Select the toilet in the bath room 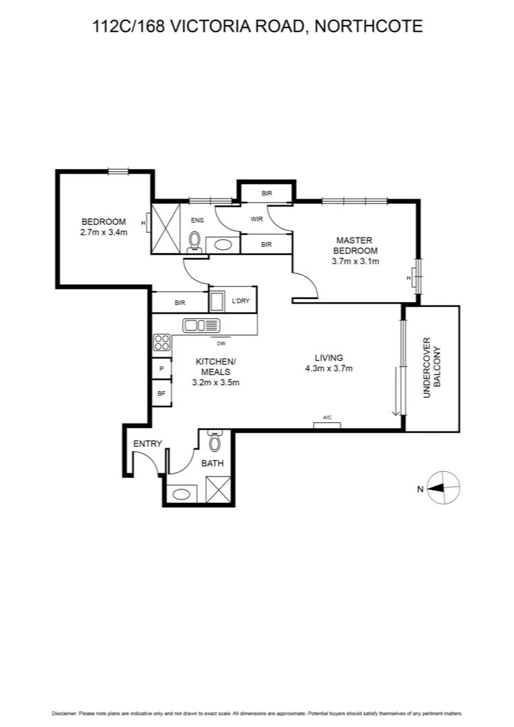pyautogui.click(x=215, y=442)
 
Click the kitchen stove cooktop pyautogui.click(x=161, y=343)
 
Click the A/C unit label pyautogui.click(x=327, y=419)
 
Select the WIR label pyautogui.click(x=256, y=219)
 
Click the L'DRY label pyautogui.click(x=240, y=302)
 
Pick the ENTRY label pyautogui.click(x=147, y=444)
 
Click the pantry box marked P pyautogui.click(x=161, y=370)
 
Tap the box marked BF pyautogui.click(x=161, y=393)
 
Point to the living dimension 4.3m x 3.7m pyautogui.click(x=328, y=368)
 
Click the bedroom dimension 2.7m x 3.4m pyautogui.click(x=104, y=232)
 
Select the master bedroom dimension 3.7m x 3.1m pyautogui.click(x=355, y=261)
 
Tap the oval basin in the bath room pyautogui.click(x=182, y=493)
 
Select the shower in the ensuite pyautogui.click(x=166, y=229)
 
